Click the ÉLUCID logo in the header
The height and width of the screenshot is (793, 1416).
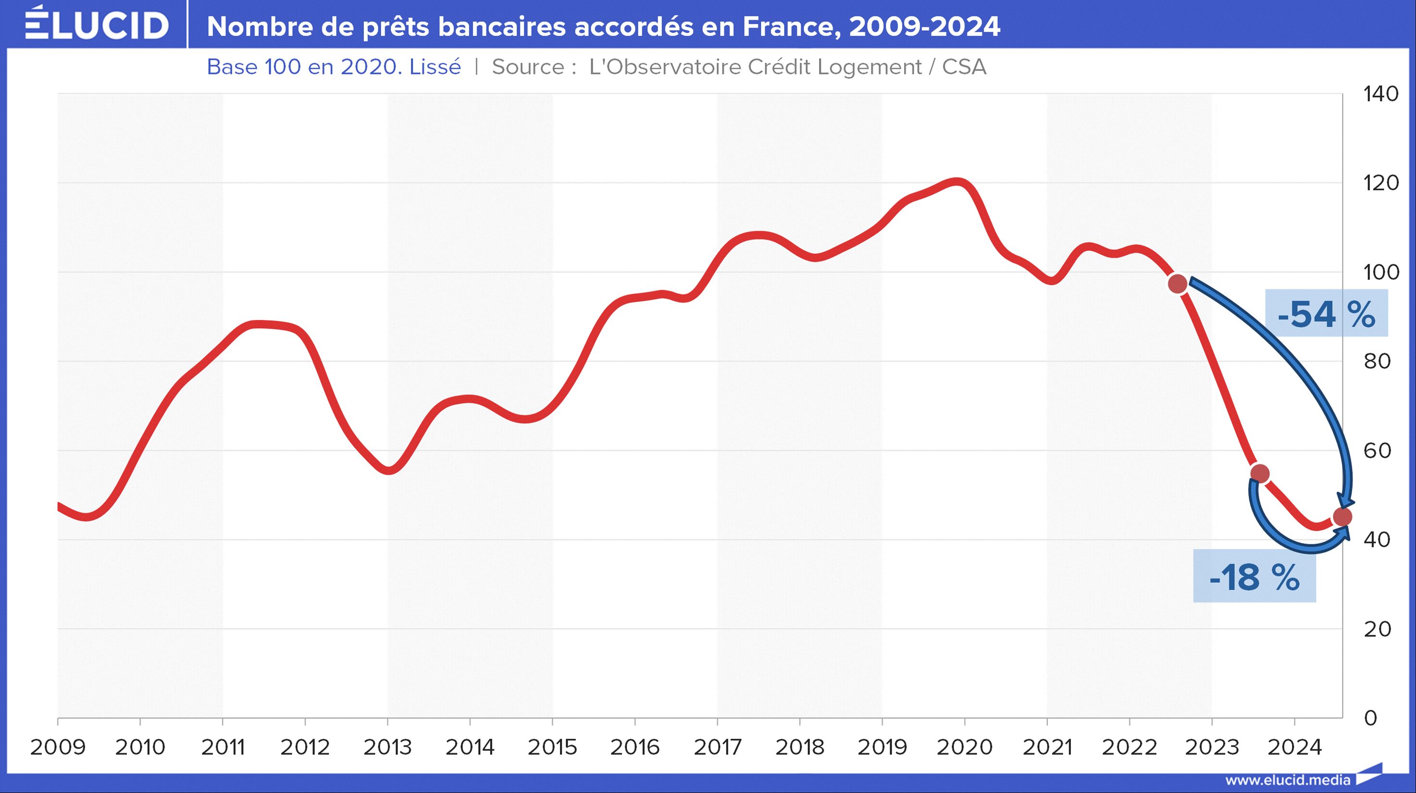pyautogui.click(x=97, y=25)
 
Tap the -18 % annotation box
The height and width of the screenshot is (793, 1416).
pyautogui.click(x=1255, y=578)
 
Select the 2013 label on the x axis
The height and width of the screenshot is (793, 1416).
pyautogui.click(x=387, y=747)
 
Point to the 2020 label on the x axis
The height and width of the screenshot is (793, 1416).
pyautogui.click(x=965, y=747)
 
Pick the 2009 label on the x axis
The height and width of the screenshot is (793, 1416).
pyautogui.click(x=58, y=747)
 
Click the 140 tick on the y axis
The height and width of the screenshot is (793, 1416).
pyautogui.click(x=1381, y=94)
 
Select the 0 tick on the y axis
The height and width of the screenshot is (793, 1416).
pyautogui.click(x=1370, y=718)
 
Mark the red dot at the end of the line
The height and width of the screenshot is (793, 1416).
pyautogui.click(x=1342, y=517)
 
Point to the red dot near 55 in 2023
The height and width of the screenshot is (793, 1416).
pyautogui.click(x=1260, y=473)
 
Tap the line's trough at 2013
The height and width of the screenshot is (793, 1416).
pyautogui.click(x=388, y=470)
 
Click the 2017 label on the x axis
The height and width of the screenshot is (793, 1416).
pyautogui.click(x=717, y=747)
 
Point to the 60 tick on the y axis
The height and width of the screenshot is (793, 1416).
pyautogui.click(x=1377, y=451)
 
